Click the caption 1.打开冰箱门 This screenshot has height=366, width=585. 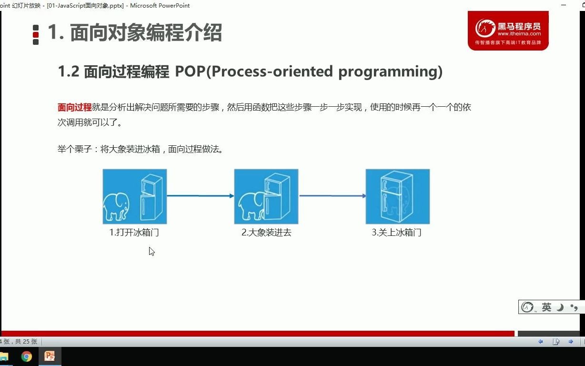134,233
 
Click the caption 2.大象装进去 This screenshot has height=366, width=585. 266,233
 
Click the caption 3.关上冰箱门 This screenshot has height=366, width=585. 397,233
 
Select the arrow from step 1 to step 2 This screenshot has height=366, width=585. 200,195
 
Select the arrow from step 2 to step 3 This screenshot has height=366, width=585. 332,195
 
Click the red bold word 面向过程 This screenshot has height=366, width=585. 74,107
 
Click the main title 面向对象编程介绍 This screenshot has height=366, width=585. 146,33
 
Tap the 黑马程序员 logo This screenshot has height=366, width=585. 508,30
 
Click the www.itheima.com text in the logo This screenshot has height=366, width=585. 519,34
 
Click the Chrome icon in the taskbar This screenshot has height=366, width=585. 27,356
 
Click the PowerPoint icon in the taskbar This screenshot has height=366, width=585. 50,356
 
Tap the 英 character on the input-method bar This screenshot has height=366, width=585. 546,307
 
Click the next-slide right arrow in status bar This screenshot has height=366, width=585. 570,342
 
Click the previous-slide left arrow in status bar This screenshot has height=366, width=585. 541,342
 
